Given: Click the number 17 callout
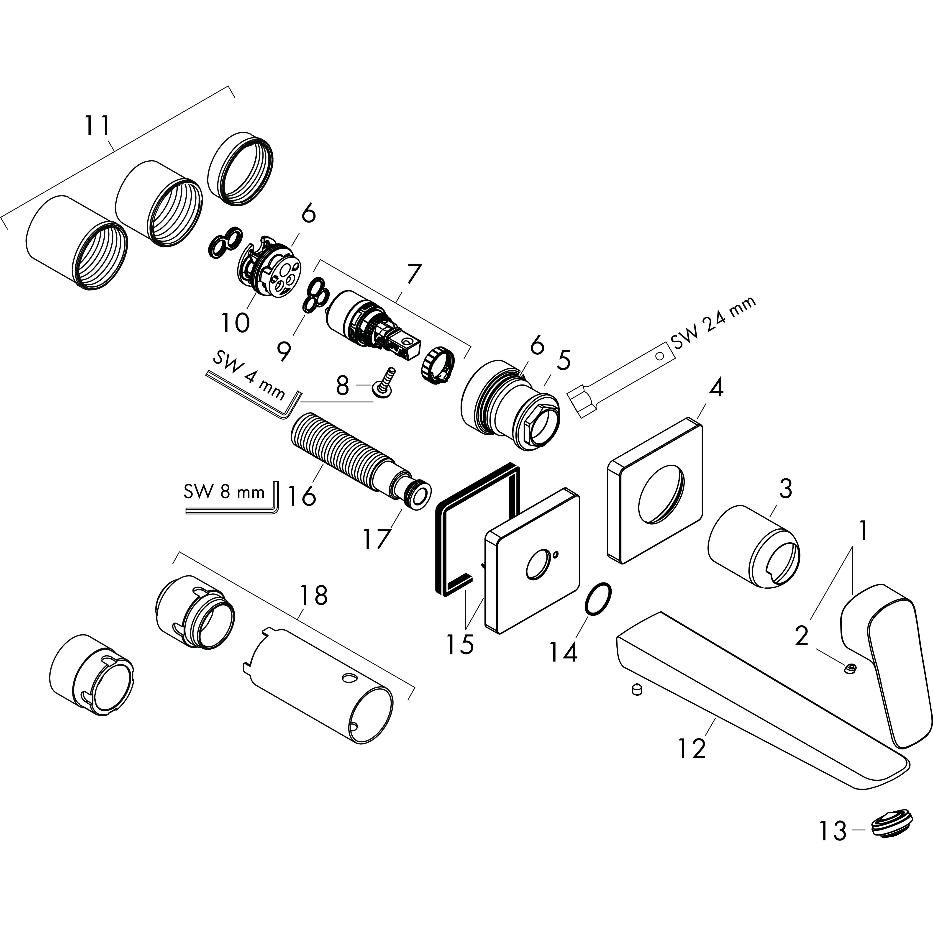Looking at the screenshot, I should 376,539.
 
